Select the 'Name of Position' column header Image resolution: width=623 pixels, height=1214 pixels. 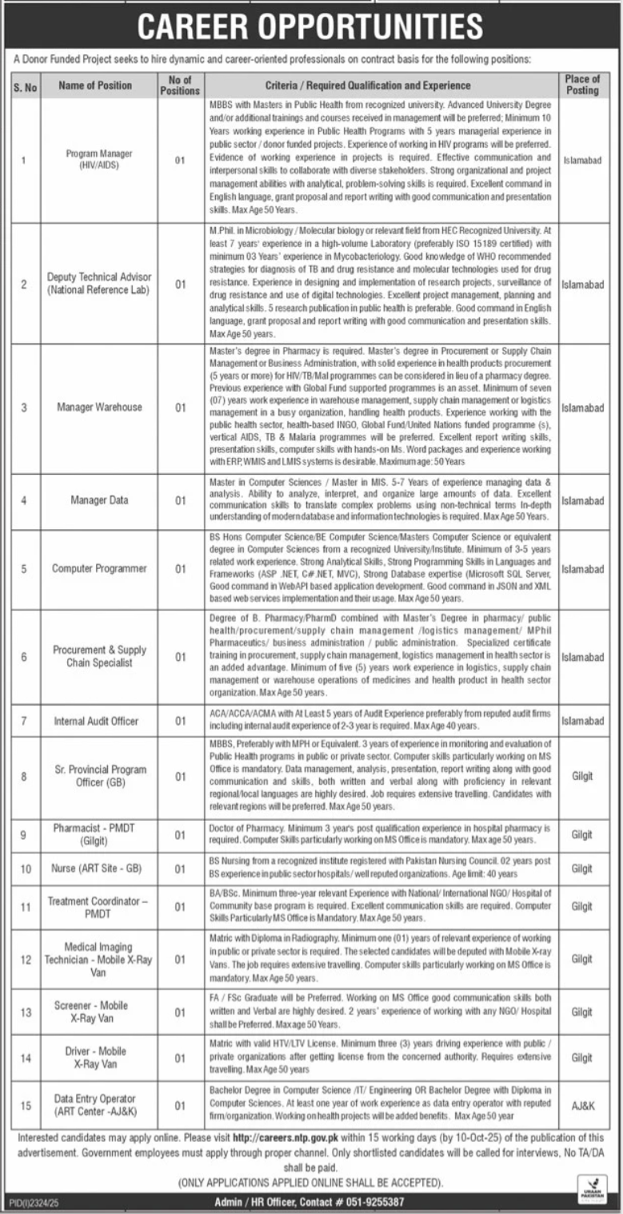95,86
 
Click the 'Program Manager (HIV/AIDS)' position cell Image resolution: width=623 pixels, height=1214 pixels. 99,160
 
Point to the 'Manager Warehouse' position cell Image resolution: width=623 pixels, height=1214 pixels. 99,408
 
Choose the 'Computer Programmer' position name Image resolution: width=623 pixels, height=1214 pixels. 99,569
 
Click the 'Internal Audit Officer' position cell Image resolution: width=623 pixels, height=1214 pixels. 96,721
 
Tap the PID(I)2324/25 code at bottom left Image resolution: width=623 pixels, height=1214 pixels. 31,1202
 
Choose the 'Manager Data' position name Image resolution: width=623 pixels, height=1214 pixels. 99,501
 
